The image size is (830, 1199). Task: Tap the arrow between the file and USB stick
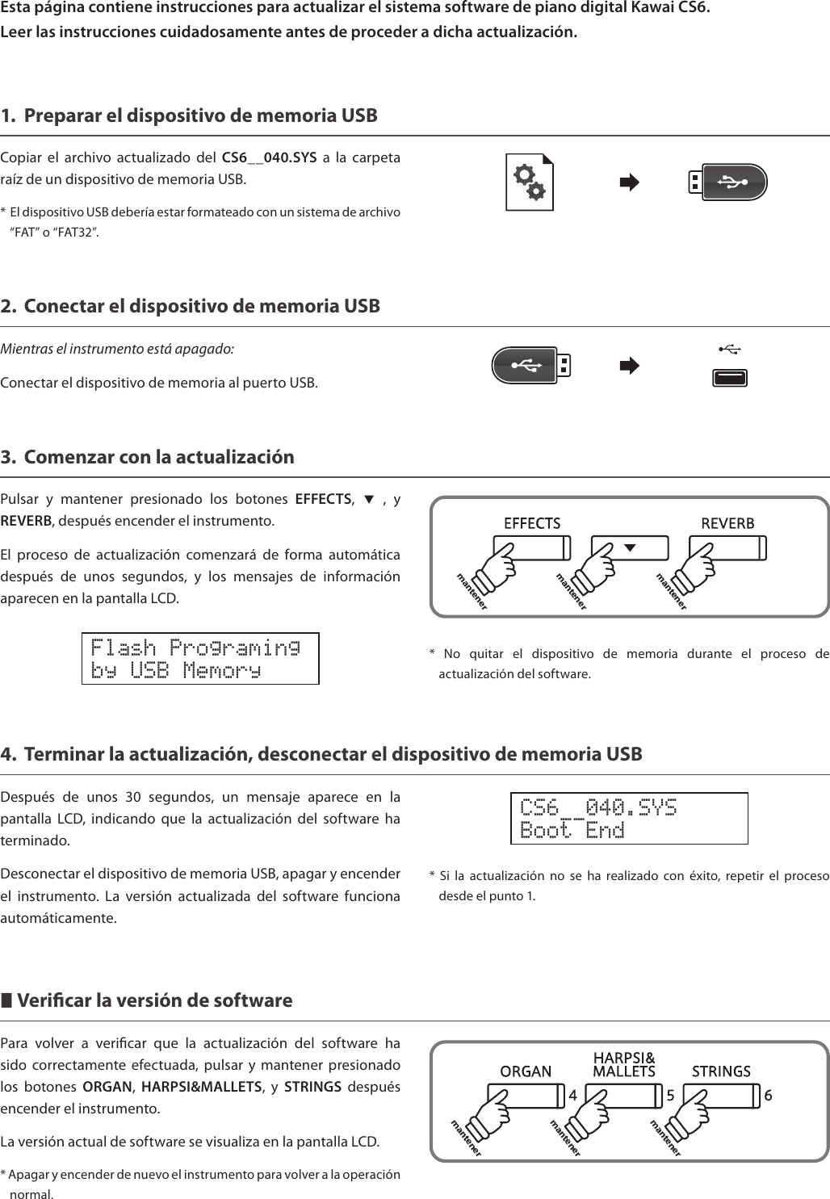629,182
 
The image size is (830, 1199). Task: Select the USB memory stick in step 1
727,182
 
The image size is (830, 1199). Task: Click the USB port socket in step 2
730,378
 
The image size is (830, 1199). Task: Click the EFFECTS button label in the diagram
532,523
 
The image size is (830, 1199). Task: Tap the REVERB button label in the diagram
727,523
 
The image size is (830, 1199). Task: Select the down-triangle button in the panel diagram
630,547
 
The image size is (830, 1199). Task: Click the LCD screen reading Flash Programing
200,659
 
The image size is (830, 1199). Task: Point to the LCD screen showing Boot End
629,819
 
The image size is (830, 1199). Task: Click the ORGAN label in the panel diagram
526,1071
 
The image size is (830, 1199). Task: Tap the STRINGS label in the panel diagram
721,1071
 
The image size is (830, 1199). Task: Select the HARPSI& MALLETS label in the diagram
624,1064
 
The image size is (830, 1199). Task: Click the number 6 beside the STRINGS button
768,1096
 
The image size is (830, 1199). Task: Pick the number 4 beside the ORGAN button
572,1096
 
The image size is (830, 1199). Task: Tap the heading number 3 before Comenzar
7,457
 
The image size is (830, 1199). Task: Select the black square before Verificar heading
6,1001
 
